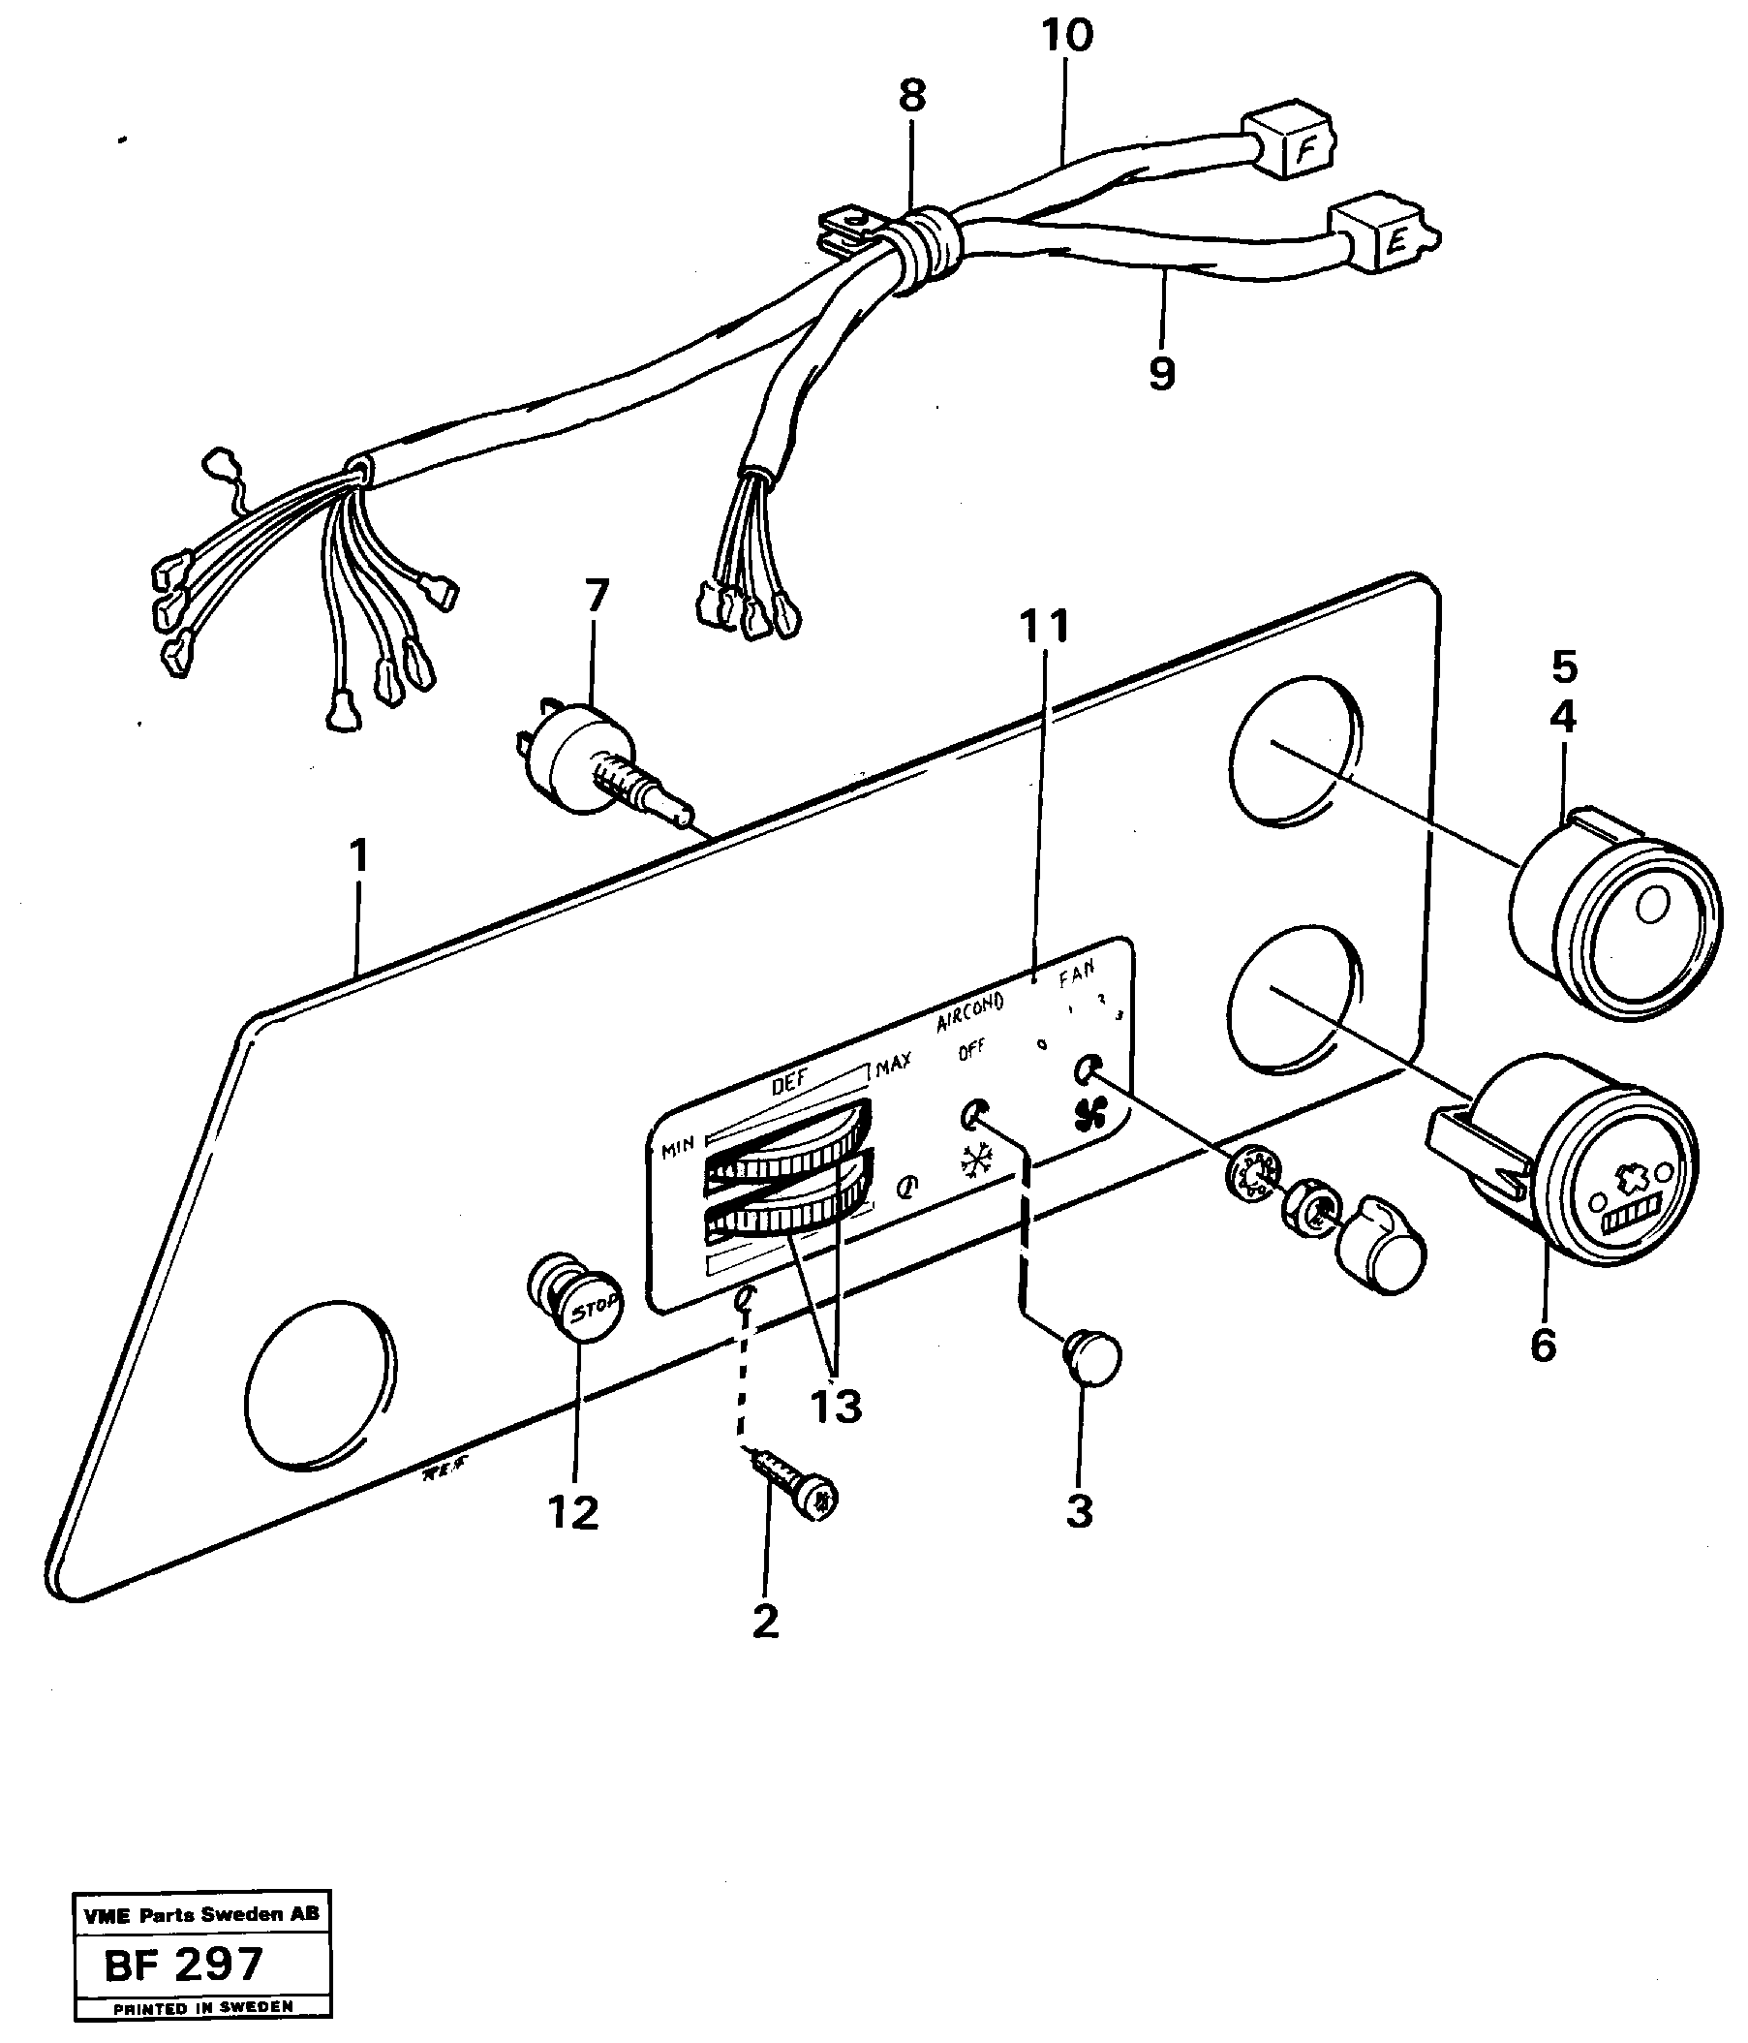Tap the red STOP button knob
(583, 1302)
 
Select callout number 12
(572, 1511)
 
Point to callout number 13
(835, 1407)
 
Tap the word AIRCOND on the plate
(969, 1009)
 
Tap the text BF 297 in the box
(184, 1966)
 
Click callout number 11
(1043, 626)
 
